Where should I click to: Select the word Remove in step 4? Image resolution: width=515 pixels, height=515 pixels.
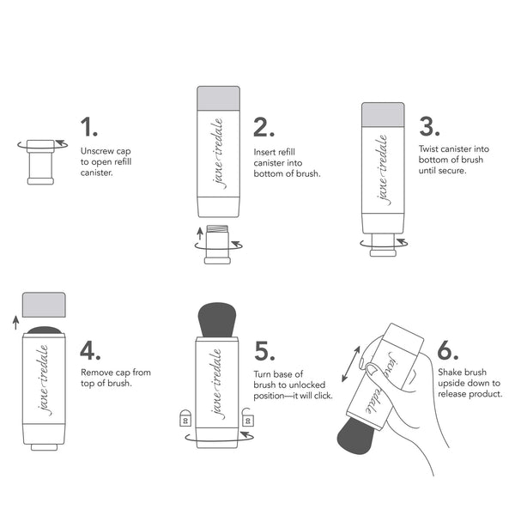[x=96, y=373]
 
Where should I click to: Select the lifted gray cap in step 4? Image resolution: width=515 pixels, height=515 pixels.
[x=43, y=305]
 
